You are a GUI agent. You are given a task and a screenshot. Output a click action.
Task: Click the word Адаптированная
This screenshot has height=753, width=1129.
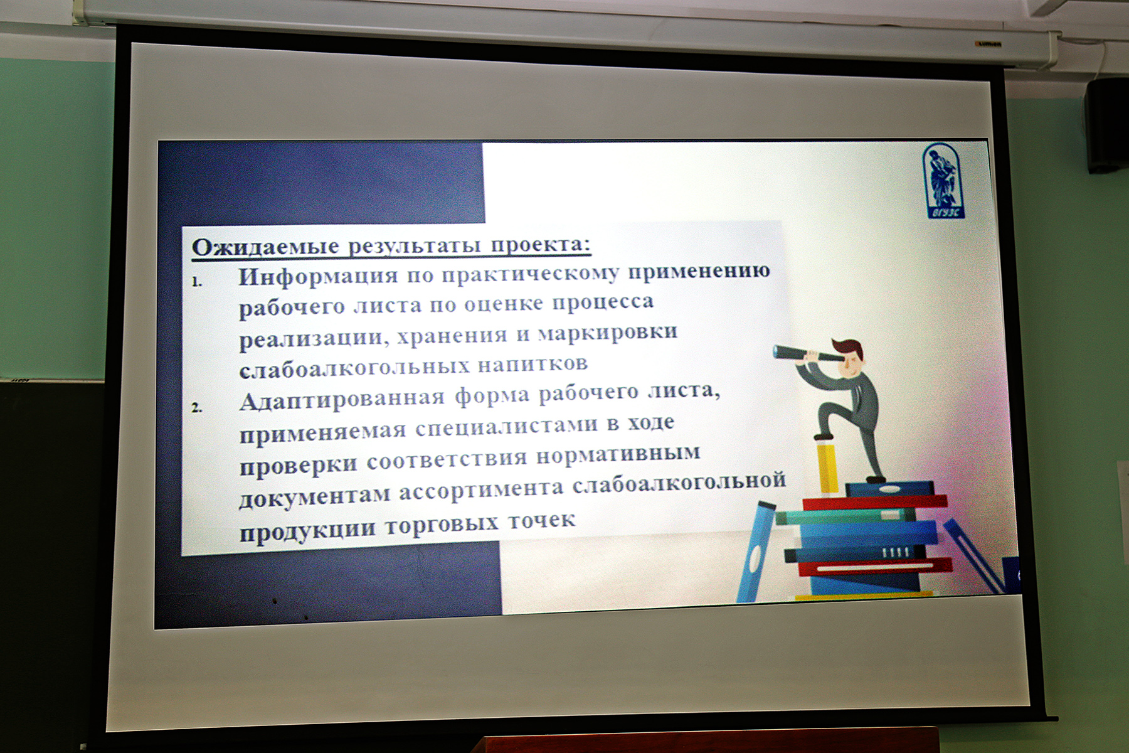342,399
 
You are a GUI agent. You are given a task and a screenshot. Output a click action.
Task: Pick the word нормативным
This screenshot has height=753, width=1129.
618,454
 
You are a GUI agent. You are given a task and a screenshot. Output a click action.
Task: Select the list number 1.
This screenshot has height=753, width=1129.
197,282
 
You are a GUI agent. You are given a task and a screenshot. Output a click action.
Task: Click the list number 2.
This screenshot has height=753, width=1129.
197,407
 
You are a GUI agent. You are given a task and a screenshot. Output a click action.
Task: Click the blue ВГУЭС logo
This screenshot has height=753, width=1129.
943,181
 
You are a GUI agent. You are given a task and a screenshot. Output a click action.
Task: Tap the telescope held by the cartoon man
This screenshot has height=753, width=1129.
805,355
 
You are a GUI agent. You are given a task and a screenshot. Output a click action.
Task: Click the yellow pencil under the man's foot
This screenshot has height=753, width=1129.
828,468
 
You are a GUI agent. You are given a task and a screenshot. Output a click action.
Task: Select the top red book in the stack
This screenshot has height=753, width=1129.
875,502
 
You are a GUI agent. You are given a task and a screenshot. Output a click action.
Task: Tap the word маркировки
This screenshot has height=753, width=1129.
608,332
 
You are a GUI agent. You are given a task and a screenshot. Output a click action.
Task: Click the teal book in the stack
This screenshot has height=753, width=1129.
846,516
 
